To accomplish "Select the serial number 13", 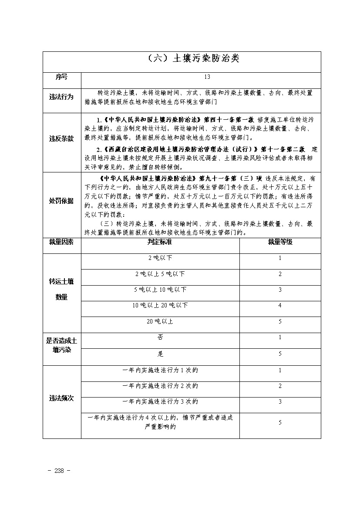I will [x=207, y=77].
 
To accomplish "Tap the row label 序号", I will [x=61, y=77].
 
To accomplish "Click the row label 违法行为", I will [x=61, y=97].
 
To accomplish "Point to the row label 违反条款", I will [x=61, y=138].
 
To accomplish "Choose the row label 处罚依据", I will [x=61, y=201].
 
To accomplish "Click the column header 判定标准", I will [x=160, y=242].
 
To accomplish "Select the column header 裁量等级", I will [x=280, y=242].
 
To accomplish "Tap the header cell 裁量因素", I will [x=61, y=242].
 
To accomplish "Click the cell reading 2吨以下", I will [x=160, y=258].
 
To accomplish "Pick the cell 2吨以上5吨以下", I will [x=160, y=274].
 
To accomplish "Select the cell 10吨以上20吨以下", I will [x=160, y=305].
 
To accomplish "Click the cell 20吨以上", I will [x=160, y=321].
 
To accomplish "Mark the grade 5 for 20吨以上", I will [x=280, y=321].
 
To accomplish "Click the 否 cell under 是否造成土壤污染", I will [x=160, y=337].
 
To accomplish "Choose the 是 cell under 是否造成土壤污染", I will [x=160, y=354].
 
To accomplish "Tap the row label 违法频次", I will [x=61, y=398].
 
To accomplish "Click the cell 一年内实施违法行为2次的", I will [x=160, y=386].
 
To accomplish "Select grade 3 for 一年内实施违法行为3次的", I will [x=280, y=401].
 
